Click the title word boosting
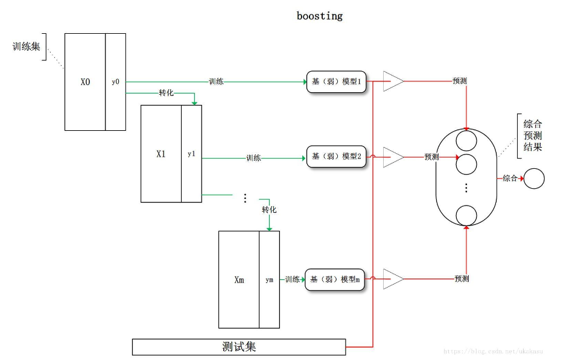[x=319, y=16]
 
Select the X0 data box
[x=85, y=82]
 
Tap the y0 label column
[x=115, y=82]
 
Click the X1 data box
[x=160, y=154]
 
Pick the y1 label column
[x=191, y=154]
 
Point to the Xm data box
[x=239, y=280]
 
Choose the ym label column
[x=269, y=280]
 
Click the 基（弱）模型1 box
[x=337, y=81]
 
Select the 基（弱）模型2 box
[x=337, y=157]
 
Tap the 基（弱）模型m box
[x=335, y=280]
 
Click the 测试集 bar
[x=239, y=347]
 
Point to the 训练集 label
[x=26, y=46]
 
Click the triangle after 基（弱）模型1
[x=392, y=81]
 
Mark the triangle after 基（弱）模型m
[x=392, y=279]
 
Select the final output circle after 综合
[x=534, y=178]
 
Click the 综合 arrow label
[x=510, y=178]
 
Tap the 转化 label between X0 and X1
[x=167, y=93]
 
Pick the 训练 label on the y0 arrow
[x=216, y=81]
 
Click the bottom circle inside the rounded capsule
[x=466, y=215]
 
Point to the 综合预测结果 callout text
[x=533, y=135]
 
